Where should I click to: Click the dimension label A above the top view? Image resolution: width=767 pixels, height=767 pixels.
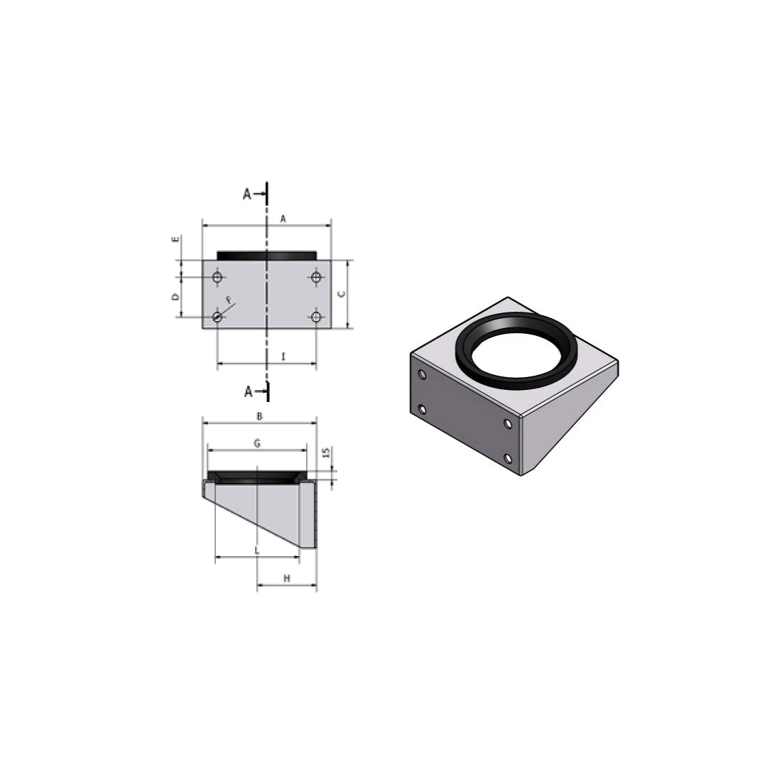283,219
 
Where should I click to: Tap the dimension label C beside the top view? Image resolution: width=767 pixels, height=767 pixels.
342,294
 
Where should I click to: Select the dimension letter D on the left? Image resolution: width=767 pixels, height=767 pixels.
175,296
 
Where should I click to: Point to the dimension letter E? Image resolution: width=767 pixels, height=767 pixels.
175,239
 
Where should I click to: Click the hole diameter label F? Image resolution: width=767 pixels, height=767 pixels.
229,300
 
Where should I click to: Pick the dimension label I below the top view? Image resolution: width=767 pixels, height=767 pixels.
283,357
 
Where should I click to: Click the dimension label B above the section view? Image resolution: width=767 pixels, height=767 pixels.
260,416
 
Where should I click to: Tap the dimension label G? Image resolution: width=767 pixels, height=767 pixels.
257,443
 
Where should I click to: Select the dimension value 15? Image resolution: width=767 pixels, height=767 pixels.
327,453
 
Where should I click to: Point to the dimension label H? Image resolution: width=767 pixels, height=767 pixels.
287,578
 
